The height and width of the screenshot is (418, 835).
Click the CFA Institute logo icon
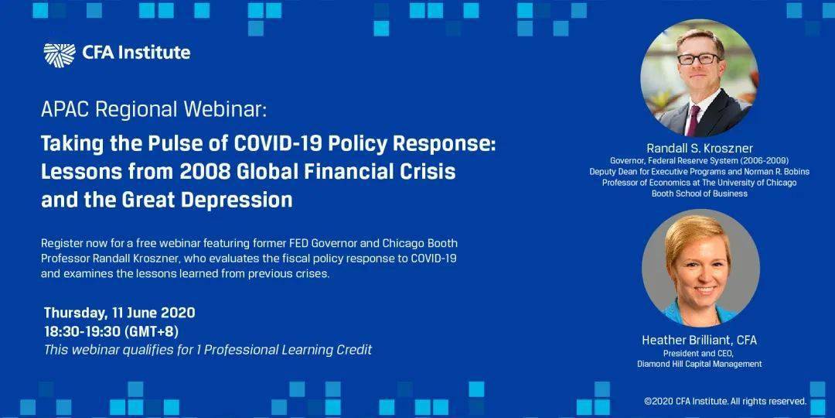[60, 55]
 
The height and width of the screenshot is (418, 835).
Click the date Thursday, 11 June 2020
[119, 313]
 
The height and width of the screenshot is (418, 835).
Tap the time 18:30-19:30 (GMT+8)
[111, 331]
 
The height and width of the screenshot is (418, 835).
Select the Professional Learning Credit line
[208, 350]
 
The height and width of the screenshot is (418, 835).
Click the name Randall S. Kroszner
[700, 148]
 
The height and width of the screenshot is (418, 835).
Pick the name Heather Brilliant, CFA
[699, 340]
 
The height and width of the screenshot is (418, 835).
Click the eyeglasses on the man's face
[698, 59]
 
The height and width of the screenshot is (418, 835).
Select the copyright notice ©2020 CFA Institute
[725, 402]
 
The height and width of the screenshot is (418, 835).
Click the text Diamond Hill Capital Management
[699, 364]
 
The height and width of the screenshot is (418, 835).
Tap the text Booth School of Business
[699, 194]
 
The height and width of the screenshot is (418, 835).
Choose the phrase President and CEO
[699, 354]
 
